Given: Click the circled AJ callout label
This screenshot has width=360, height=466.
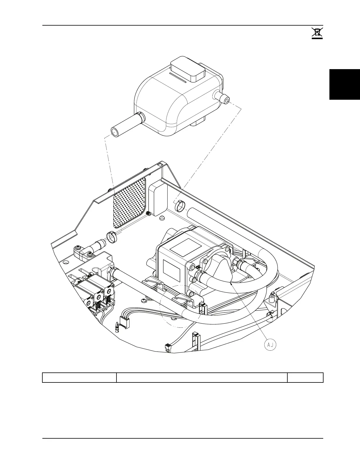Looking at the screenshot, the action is click(x=270, y=345).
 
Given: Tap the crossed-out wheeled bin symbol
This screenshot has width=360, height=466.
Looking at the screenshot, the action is click(x=317, y=33).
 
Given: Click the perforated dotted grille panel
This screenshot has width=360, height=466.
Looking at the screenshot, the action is click(x=130, y=203).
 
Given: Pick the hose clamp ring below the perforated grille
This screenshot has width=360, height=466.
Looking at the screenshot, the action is click(x=111, y=237).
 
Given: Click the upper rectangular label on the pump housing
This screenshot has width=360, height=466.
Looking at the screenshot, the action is click(x=185, y=247).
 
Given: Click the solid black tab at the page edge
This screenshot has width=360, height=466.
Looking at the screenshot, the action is click(x=344, y=84).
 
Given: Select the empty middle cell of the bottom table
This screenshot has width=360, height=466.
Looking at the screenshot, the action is click(x=202, y=377).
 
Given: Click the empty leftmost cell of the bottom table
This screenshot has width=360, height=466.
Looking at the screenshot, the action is click(x=79, y=377).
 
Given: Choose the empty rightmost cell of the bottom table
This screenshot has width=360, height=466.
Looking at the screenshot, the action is click(x=305, y=377).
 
